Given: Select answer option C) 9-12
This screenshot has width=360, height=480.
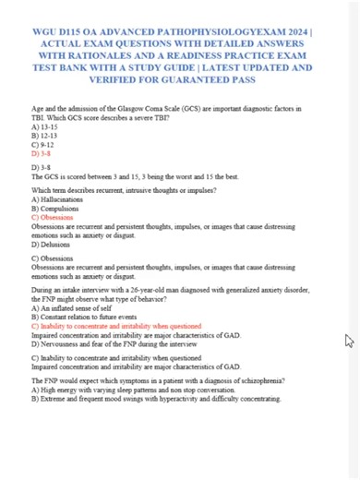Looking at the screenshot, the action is coord(42,145).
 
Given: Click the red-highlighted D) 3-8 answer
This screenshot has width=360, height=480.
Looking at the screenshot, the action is coord(41,154).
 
